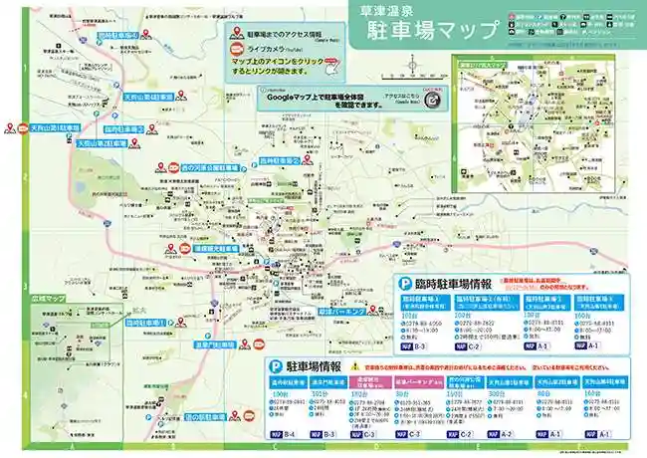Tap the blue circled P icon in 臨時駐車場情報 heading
click(x=406, y=284)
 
